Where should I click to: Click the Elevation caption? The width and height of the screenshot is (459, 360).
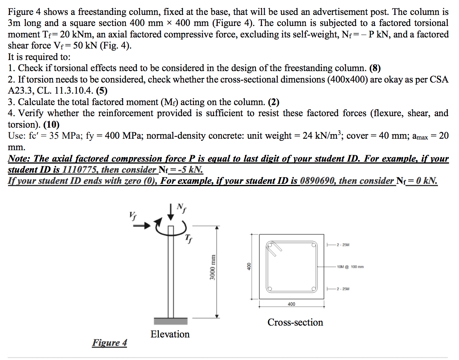[170, 334]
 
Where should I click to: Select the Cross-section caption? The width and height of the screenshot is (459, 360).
[295, 323]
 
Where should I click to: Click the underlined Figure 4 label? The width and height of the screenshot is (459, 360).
[109, 343]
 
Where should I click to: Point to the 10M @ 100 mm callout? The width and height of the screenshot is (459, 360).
[350, 267]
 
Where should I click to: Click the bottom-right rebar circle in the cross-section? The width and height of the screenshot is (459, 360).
[314, 289]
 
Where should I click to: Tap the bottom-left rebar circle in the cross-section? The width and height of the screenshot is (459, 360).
[270, 289]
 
